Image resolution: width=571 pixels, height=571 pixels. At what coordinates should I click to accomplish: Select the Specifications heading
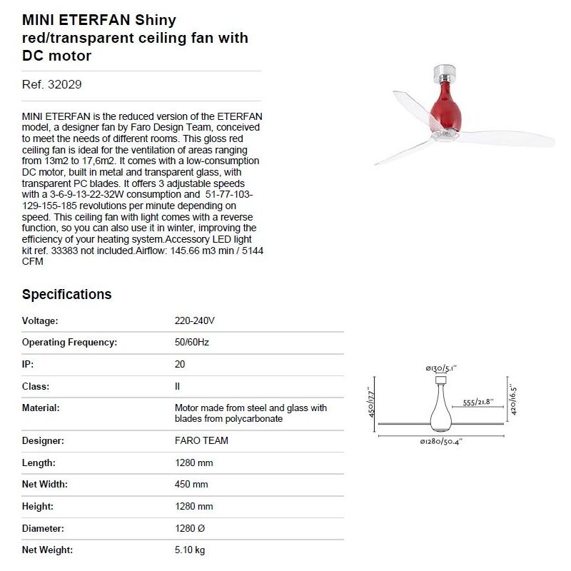click(x=66, y=294)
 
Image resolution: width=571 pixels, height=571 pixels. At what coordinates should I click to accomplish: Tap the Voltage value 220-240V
click(x=194, y=320)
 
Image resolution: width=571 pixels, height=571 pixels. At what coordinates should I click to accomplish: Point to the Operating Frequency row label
click(x=69, y=343)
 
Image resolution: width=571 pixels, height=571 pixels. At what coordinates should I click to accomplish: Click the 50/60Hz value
click(x=191, y=343)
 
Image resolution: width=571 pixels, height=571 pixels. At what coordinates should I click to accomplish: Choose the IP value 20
click(x=180, y=364)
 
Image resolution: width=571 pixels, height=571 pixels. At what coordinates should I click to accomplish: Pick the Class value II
click(x=178, y=386)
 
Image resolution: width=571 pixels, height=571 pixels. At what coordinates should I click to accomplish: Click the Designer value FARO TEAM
click(x=201, y=440)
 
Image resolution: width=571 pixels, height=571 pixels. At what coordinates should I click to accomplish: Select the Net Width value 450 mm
click(x=191, y=484)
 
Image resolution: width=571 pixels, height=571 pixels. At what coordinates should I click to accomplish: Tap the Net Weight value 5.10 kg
click(x=190, y=550)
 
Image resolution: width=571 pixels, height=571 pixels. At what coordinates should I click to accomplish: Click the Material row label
click(x=41, y=408)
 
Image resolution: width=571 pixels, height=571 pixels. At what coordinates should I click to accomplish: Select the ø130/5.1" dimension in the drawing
click(x=440, y=368)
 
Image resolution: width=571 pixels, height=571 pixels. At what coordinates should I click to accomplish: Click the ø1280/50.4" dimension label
click(x=442, y=442)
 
